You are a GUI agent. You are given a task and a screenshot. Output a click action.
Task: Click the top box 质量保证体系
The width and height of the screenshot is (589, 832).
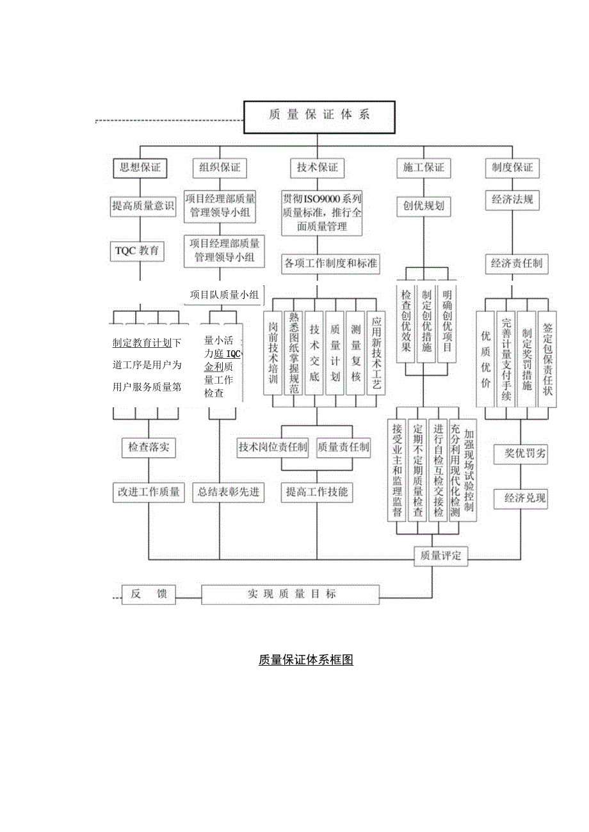point(319,116)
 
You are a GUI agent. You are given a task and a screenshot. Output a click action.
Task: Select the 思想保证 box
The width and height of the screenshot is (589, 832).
point(140,168)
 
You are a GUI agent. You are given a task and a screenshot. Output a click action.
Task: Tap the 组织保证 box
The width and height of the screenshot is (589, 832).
point(220,168)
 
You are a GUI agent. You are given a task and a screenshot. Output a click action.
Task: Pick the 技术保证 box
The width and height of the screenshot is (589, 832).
point(317,168)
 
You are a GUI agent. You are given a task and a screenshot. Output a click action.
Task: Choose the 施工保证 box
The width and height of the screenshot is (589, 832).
point(423,168)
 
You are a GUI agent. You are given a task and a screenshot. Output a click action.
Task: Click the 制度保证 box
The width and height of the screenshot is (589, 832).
point(512,168)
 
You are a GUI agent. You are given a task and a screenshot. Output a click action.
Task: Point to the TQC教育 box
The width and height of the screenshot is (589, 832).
point(136,251)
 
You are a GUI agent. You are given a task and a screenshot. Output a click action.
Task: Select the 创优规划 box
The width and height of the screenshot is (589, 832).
point(423,206)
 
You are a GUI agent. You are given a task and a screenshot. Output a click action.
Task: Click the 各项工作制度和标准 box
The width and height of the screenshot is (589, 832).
point(330,263)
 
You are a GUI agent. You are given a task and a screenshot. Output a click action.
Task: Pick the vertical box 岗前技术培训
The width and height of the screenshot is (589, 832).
point(273,352)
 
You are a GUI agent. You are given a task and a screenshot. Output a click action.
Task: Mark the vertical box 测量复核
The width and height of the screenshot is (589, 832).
point(356,352)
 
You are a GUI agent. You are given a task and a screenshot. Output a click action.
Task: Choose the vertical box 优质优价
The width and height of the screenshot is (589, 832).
point(485,361)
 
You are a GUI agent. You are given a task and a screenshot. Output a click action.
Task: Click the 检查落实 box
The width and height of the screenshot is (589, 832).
point(148,448)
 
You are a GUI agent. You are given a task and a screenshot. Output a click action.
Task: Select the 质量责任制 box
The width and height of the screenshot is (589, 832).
point(344,448)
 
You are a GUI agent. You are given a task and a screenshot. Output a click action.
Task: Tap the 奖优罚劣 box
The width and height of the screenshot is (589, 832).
point(525,455)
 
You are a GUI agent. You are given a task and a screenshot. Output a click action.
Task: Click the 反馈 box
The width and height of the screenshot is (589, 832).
point(149,594)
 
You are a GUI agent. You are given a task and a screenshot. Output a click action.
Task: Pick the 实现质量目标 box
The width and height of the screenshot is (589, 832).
point(291,594)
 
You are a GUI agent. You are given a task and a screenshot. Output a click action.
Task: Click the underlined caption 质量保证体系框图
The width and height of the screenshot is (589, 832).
point(305,660)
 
